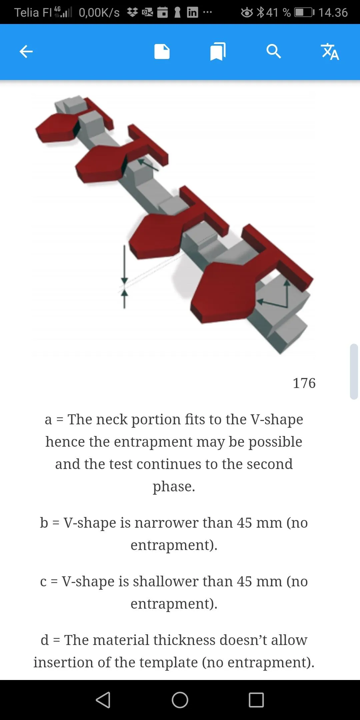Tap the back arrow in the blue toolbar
coord(26,52)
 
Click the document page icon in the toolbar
coord(162,52)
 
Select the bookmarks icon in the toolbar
coord(218,52)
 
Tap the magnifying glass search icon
coord(274,52)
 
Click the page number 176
coord(304,383)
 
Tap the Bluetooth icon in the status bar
coord(261,12)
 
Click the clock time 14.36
coord(333,13)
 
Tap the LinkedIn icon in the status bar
coord(192,12)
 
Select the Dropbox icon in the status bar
coord(132,12)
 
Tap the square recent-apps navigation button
coord(256,700)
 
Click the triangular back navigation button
coord(103,700)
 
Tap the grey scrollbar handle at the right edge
coord(354,371)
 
